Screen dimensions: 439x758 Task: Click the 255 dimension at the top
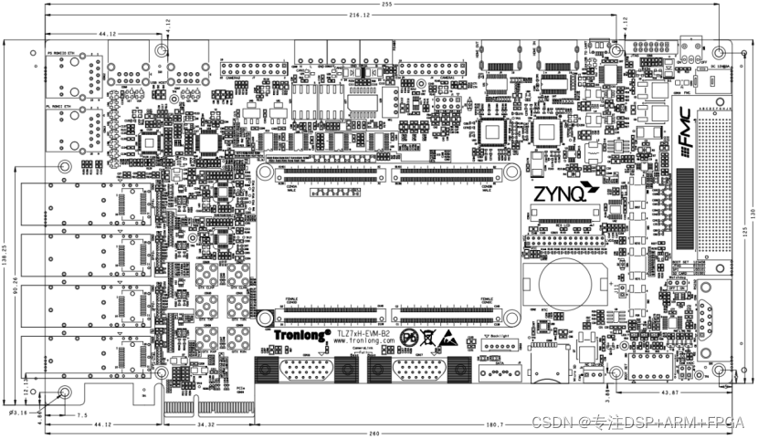(388, 5)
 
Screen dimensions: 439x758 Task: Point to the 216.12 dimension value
(359, 16)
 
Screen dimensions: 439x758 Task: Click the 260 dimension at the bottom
(388, 434)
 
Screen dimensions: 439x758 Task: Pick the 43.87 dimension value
(669, 392)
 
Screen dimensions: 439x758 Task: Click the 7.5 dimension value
(81, 415)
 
